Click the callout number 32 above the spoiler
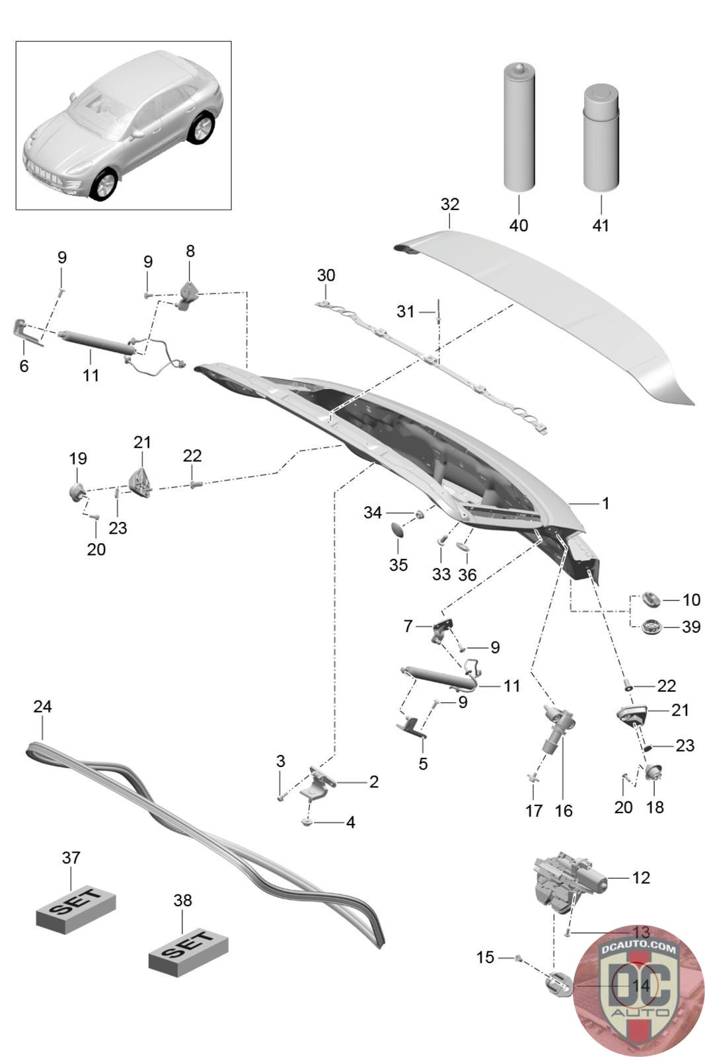point(450,204)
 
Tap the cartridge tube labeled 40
point(519,128)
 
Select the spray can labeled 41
point(601,137)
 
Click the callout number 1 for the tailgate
point(605,503)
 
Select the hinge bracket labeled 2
point(319,784)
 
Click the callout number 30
point(326,275)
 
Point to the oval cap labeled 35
point(398,531)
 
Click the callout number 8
point(190,251)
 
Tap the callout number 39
point(691,627)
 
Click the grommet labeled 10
point(651,599)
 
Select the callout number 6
point(24,366)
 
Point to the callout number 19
point(78,458)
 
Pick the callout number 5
point(423,764)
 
